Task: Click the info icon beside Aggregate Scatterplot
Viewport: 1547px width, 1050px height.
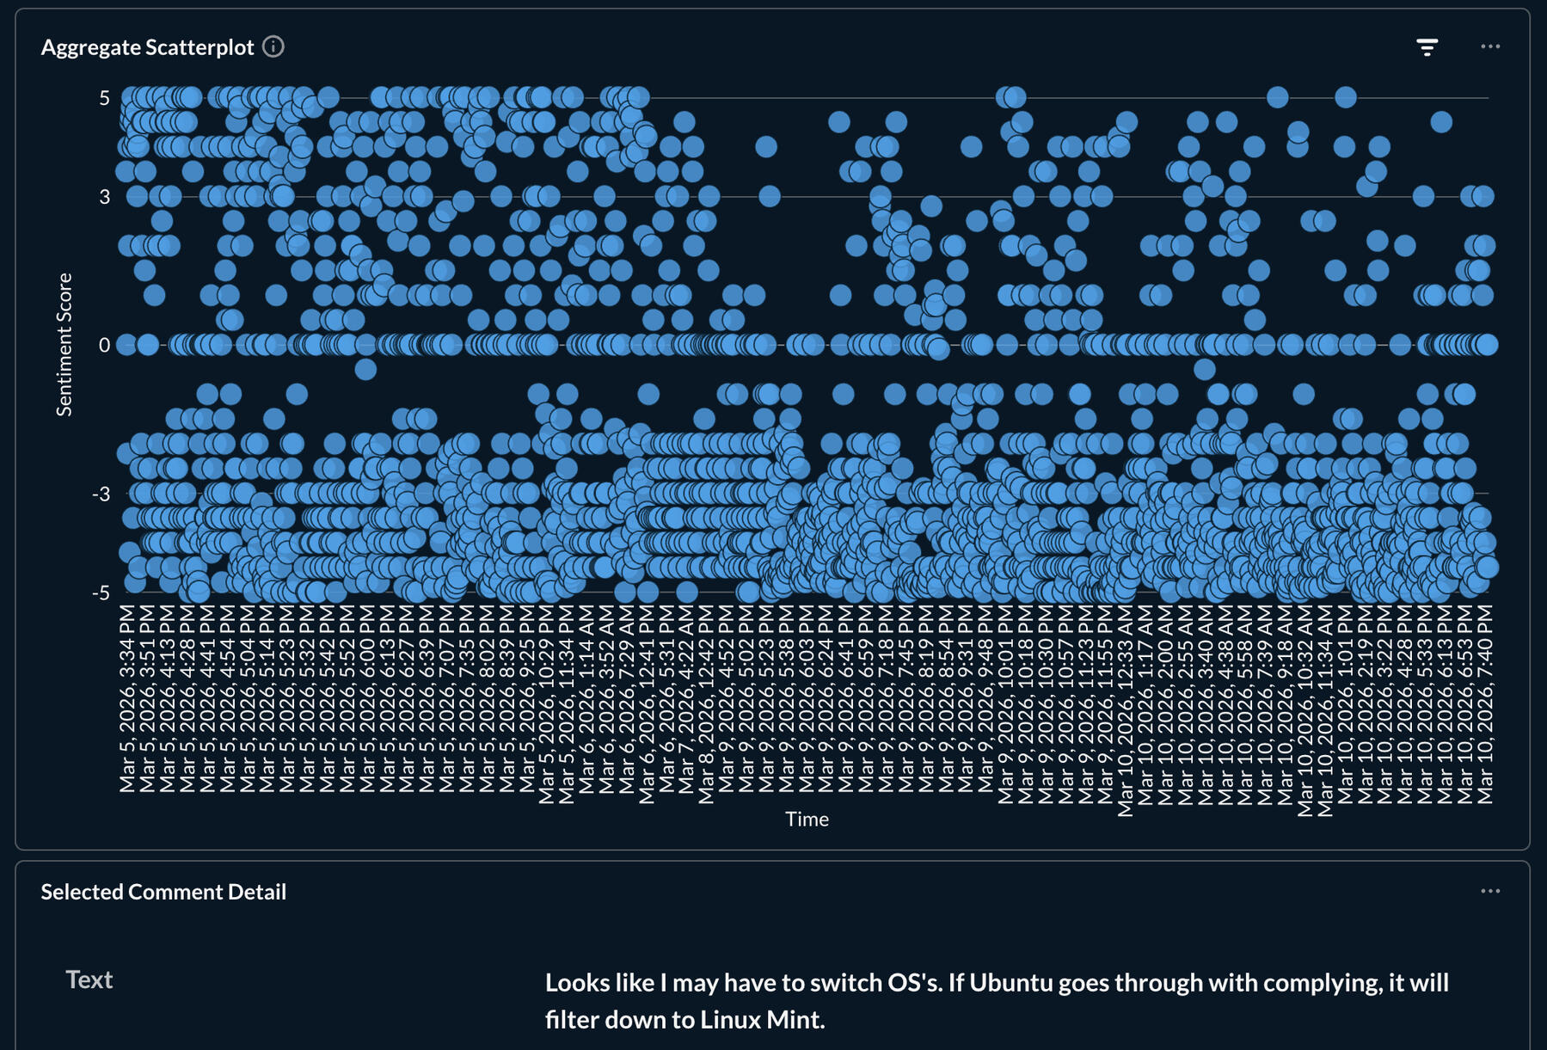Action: pos(273,46)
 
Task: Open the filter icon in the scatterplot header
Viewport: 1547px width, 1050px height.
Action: pos(1427,47)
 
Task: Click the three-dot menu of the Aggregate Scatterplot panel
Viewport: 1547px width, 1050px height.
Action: pos(1490,46)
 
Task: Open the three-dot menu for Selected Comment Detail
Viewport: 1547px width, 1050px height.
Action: pos(1490,891)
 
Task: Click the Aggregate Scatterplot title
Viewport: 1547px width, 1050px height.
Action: pos(147,47)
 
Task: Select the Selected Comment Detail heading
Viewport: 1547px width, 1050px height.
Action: pos(163,892)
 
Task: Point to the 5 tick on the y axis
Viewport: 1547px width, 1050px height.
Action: pos(105,98)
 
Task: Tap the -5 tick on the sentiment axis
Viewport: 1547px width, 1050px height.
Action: pos(101,593)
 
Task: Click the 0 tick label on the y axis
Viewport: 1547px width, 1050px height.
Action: pos(105,345)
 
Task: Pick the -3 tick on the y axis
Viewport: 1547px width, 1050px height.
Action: pos(101,494)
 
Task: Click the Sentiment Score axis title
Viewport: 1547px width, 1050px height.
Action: pos(64,344)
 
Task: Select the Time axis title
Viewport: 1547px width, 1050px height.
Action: pos(807,819)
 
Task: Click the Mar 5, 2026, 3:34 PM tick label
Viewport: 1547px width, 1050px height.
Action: pos(127,697)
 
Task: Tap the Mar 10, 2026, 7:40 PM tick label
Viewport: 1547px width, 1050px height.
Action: pos(1485,703)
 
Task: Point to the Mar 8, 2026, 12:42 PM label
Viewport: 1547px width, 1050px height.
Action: pos(706,703)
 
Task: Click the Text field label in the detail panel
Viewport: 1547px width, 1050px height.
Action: pos(89,979)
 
